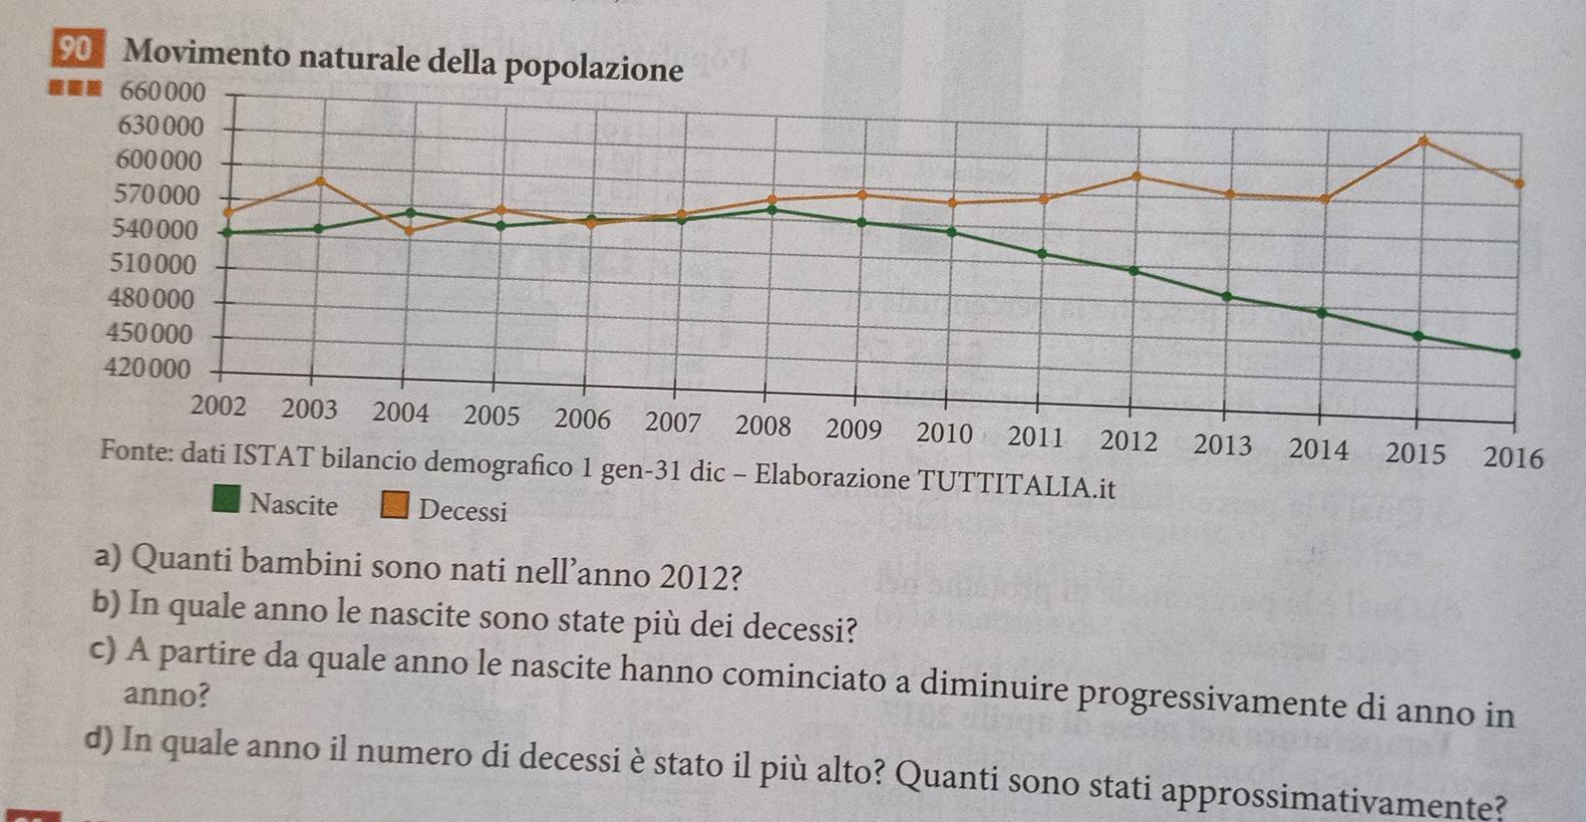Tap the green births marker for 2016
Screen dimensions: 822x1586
click(1515, 353)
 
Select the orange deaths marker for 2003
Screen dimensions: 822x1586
click(320, 180)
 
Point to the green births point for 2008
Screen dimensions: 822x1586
click(774, 209)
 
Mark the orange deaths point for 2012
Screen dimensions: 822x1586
click(1135, 176)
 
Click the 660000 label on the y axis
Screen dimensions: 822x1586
click(162, 93)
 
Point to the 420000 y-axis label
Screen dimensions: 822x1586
click(148, 369)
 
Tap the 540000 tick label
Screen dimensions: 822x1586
click(157, 230)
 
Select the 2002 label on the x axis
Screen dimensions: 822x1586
click(218, 407)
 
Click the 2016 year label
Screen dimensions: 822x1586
click(1513, 458)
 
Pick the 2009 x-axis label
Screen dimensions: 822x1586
click(854, 429)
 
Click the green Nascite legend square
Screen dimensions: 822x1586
click(227, 499)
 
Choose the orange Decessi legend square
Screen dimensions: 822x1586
click(395, 506)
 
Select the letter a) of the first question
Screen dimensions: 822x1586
click(108, 558)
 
